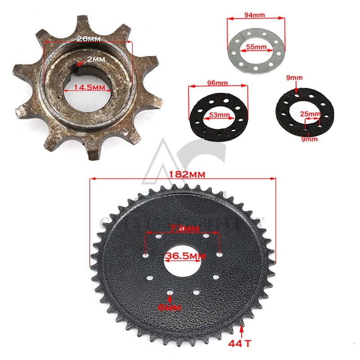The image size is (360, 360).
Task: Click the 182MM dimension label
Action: (183, 173)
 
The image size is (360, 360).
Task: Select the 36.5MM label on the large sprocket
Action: (182, 256)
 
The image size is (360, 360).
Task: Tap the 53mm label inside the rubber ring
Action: (218, 115)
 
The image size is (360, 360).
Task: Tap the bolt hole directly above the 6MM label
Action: (170, 294)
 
